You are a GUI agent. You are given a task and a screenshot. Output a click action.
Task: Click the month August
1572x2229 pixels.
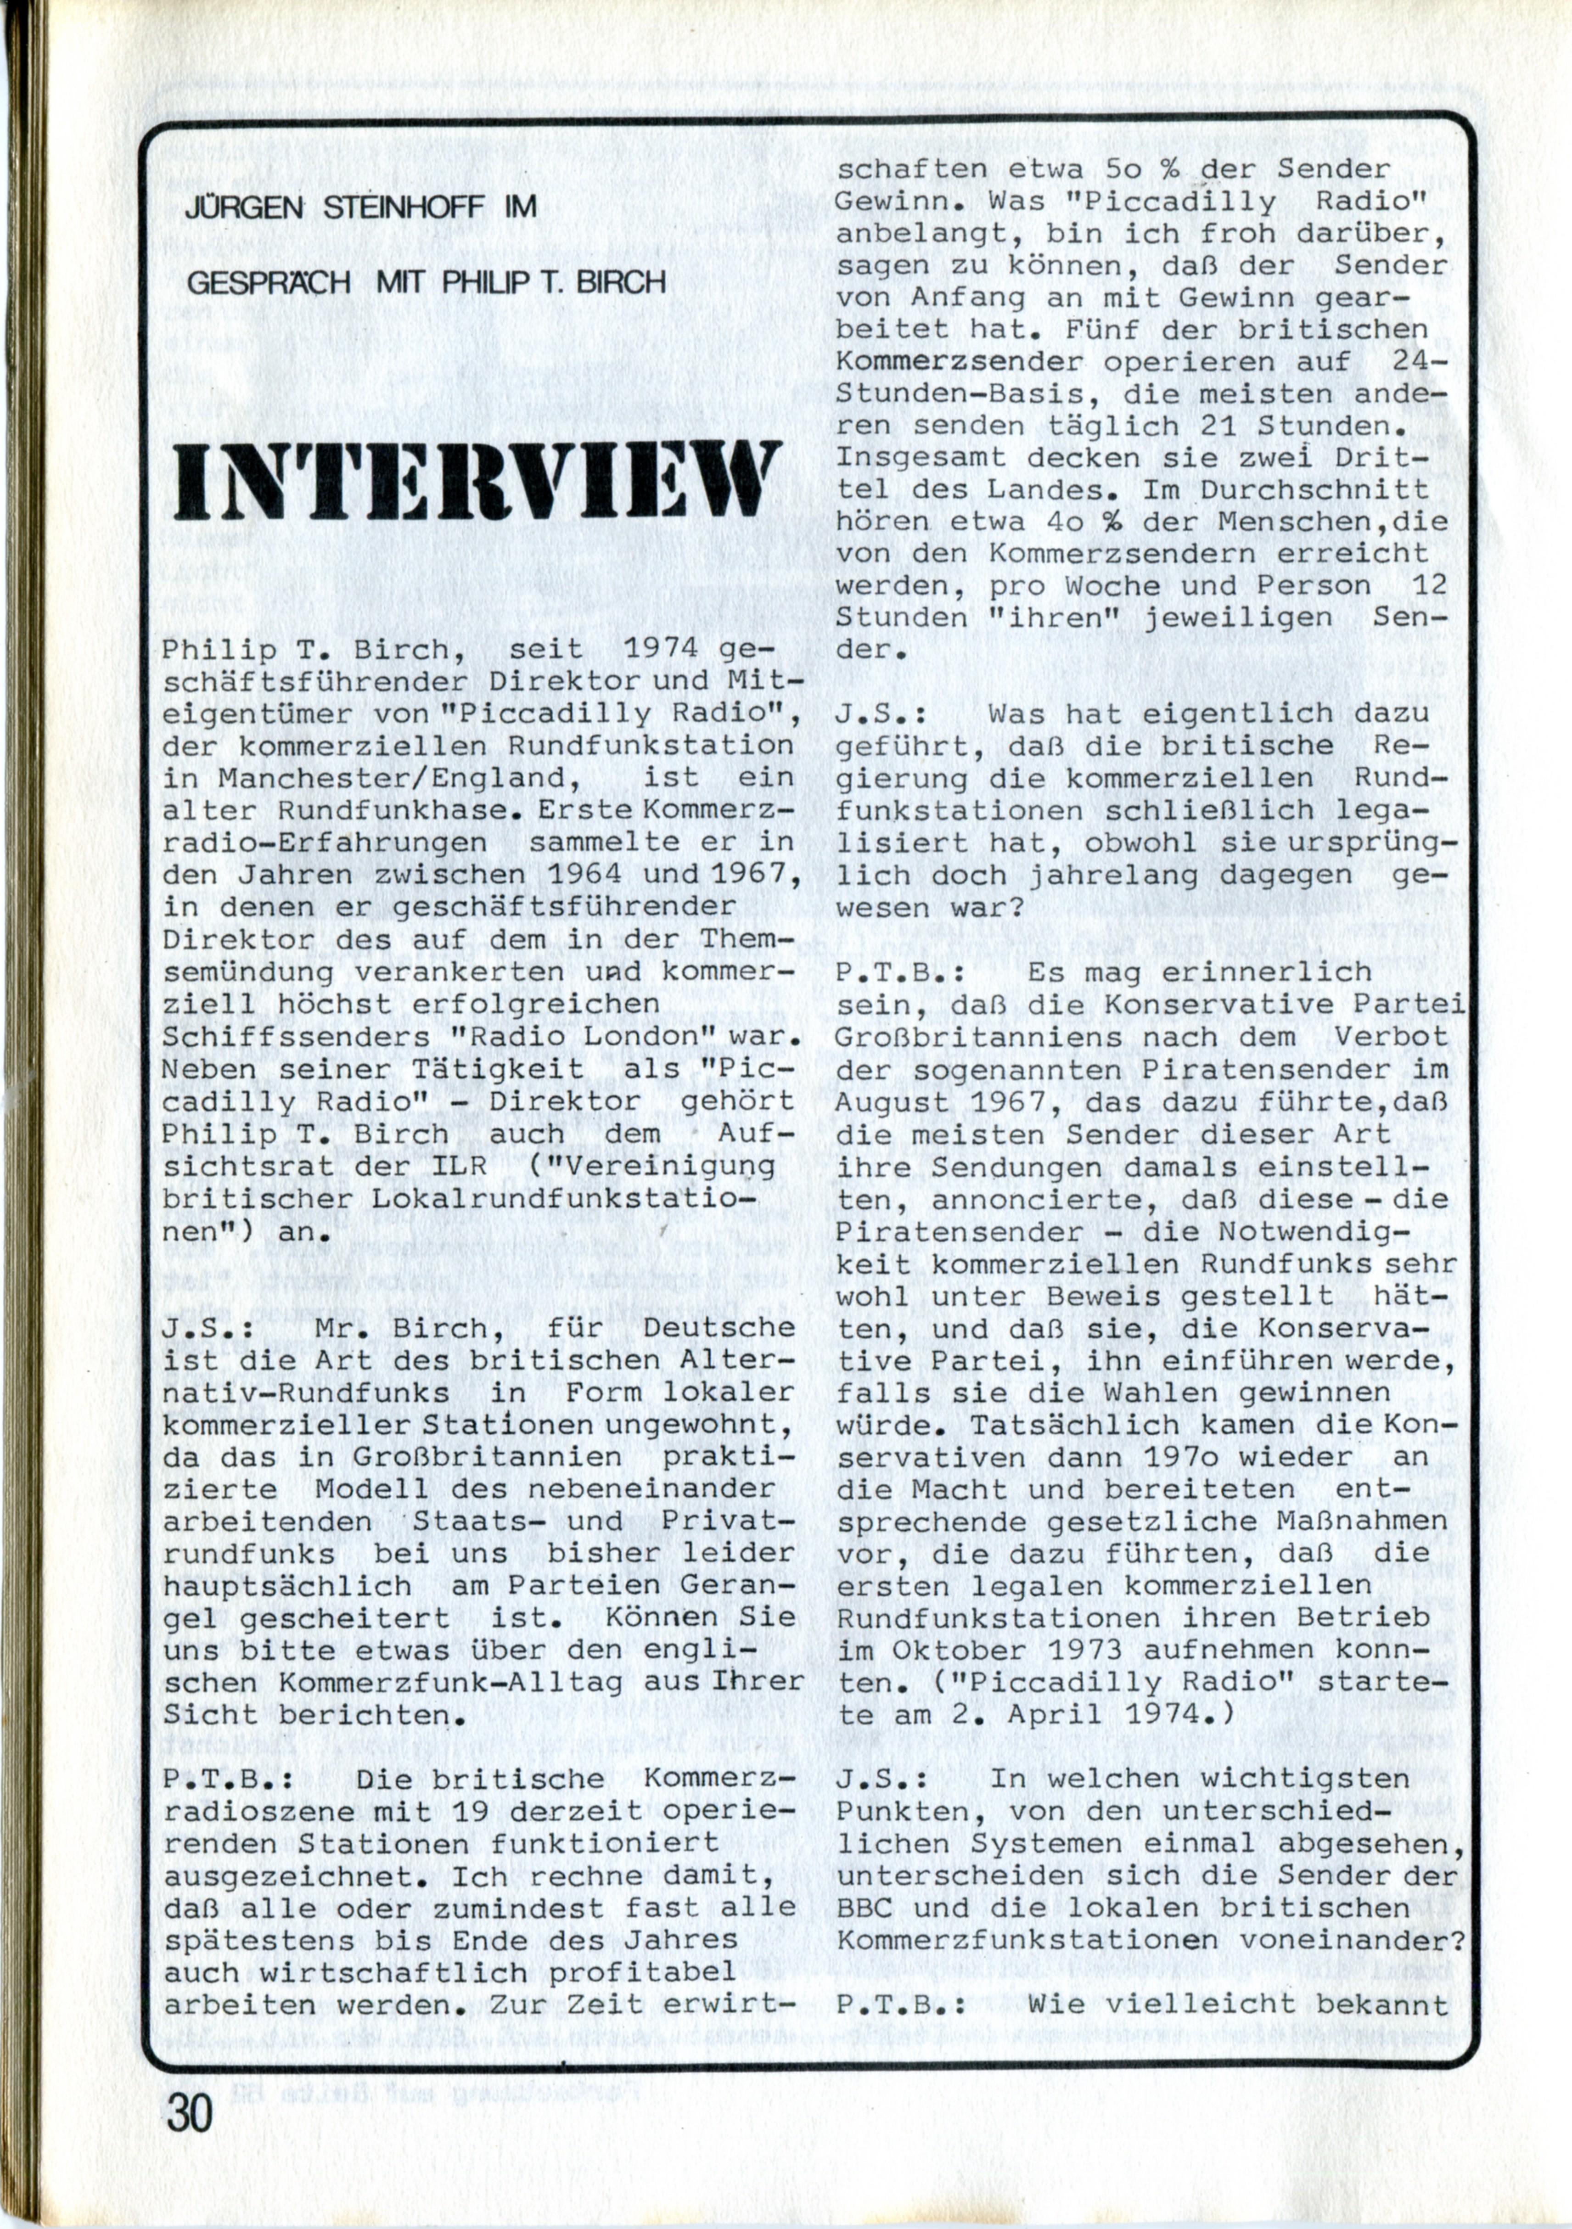coord(891,1103)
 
